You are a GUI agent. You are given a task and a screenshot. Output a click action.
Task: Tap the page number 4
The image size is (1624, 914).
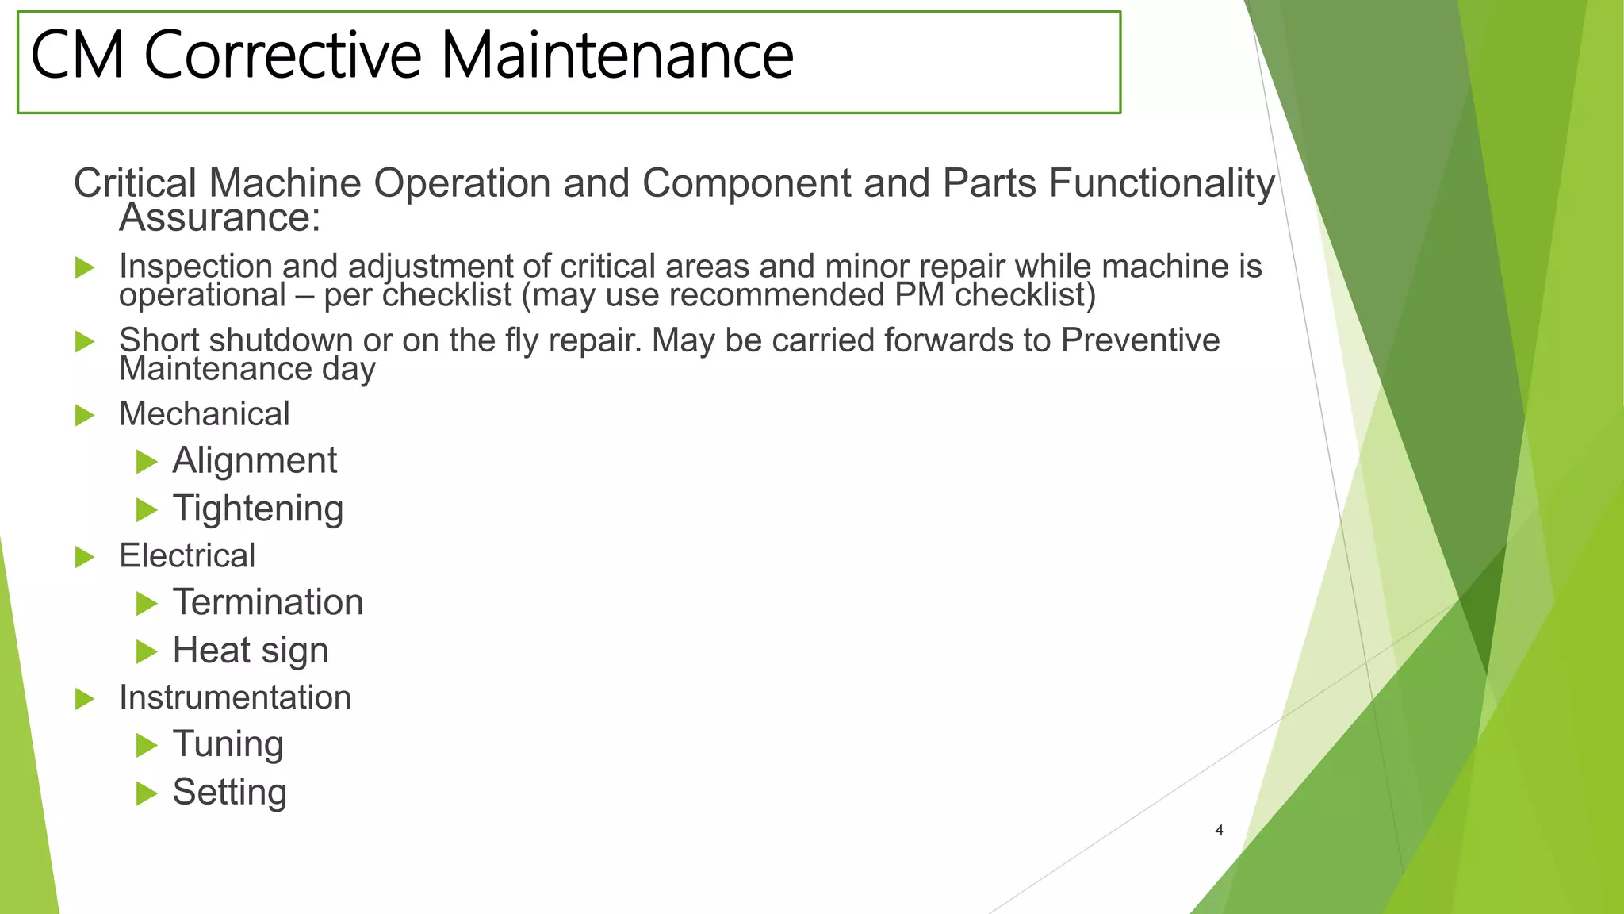(x=1219, y=830)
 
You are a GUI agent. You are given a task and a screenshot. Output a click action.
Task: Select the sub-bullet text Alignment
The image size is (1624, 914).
(x=255, y=461)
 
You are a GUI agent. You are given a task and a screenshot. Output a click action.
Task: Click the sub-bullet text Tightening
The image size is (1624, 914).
(x=258, y=509)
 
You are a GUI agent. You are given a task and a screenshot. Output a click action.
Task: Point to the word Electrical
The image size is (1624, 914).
(x=187, y=555)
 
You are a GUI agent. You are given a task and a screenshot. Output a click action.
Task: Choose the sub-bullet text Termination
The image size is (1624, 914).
(x=268, y=602)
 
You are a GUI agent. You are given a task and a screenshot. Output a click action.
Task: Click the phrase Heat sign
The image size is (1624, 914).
(x=251, y=651)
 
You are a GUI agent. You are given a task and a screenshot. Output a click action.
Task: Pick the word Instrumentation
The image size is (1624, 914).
(x=235, y=697)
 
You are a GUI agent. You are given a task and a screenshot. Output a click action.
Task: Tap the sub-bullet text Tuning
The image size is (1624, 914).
(x=228, y=744)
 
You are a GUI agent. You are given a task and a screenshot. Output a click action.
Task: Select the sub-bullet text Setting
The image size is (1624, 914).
(x=230, y=792)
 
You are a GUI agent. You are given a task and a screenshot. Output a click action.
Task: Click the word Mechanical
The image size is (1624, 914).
(x=205, y=414)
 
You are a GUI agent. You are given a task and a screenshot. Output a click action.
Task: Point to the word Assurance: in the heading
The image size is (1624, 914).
(x=220, y=217)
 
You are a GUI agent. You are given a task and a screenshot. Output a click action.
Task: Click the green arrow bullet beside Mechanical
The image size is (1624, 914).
(x=84, y=415)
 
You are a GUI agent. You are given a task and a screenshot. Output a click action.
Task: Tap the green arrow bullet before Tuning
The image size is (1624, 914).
(x=147, y=745)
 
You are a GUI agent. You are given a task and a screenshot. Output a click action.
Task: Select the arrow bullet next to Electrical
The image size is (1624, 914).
(x=84, y=557)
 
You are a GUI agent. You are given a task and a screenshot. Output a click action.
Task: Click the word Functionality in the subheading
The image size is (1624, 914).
(x=1162, y=183)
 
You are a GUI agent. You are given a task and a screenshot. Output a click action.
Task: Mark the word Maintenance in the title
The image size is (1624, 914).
(x=617, y=56)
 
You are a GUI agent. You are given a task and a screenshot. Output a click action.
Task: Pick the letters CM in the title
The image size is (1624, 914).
(x=77, y=56)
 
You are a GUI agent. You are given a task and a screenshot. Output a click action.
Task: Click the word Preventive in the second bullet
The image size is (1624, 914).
(x=1140, y=340)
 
